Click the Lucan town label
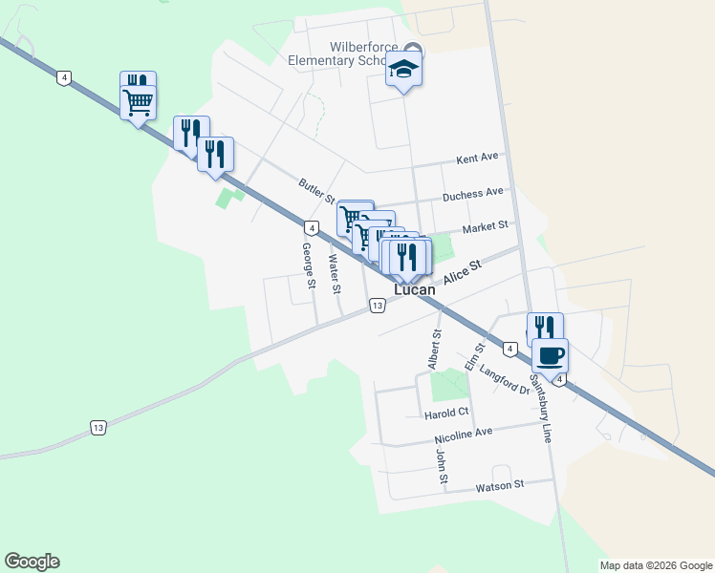415,289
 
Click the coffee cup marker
550,357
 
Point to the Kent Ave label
478,158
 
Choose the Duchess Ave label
472,194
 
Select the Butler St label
315,191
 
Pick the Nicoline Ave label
463,435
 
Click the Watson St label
500,485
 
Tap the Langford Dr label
504,380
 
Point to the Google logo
32,562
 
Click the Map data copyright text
656,565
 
